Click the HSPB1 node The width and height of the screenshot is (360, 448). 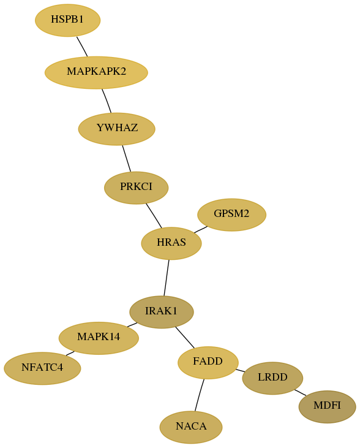pos(68,20)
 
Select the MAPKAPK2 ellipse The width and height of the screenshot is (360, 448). pos(96,72)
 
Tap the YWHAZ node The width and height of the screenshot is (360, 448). pos(117,129)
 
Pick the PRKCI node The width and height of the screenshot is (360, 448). pos(136,188)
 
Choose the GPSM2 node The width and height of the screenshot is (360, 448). pos(232,215)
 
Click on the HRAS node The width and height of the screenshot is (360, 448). pos(171,243)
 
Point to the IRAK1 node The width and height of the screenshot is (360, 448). pos(162,312)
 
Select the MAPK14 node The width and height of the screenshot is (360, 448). pos(99,338)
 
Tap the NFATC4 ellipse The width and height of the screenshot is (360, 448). pos(42,368)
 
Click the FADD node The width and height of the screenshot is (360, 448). pos(208,363)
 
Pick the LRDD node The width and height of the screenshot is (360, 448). pos(272,378)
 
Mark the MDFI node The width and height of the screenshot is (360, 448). pos(328,407)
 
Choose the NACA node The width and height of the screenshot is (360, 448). pos(191,427)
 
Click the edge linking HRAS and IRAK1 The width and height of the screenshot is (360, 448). pos(167,278)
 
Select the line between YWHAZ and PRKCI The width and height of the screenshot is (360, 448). pos(127,159)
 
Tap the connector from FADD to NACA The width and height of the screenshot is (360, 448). pos(200,395)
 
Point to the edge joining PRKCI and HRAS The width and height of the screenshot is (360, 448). pos(154,216)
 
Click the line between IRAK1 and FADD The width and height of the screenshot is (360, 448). pos(185,338)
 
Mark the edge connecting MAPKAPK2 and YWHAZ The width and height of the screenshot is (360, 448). pos(107,101)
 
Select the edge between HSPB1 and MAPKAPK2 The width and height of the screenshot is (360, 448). pos(82,47)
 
